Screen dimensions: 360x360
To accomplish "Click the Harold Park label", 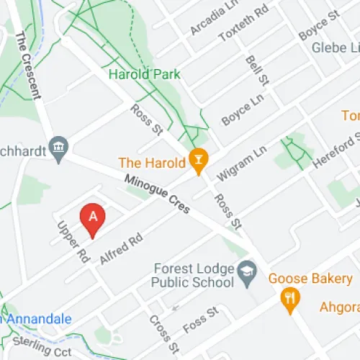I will point(144,74).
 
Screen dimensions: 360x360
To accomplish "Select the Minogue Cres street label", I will point(156,195).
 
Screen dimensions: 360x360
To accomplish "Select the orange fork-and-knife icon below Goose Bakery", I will point(291,300).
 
